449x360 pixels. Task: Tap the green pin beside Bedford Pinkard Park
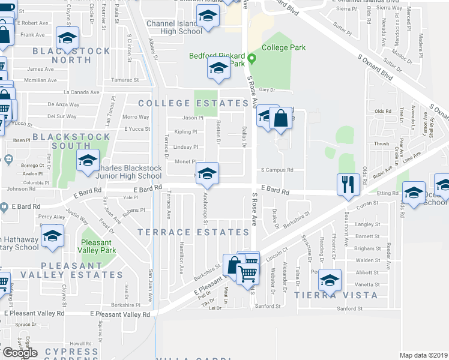pos(253,59)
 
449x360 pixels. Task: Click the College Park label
pos(284,47)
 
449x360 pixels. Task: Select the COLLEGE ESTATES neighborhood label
pos(193,103)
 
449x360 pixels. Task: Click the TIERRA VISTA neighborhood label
pos(336,295)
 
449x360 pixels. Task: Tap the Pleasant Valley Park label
pos(101,248)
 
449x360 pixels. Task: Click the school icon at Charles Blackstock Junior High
pos(88,161)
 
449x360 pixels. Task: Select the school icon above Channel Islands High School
pos(207,19)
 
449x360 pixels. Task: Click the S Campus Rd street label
pos(277,170)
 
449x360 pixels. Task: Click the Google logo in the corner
pos(20,352)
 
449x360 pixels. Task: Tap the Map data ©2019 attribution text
pos(423,355)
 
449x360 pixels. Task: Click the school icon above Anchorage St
pos(207,174)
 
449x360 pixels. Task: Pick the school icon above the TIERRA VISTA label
pos(330,280)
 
